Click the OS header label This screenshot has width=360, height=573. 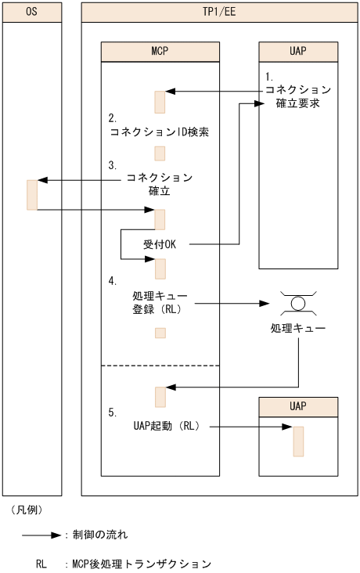coord(31,13)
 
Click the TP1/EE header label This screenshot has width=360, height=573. coord(219,13)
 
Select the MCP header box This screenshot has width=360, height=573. coord(160,52)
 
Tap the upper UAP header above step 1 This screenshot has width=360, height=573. coord(298,52)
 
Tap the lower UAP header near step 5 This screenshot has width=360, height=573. coord(298,407)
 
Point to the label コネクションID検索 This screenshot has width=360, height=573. coord(160,132)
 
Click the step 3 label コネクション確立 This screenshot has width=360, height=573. coord(160,184)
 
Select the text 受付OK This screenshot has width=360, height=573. coord(160,244)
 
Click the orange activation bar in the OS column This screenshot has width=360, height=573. coord(32,195)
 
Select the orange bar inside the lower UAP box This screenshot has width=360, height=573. coord(298,441)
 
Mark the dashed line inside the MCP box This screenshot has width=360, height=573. coord(160,366)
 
